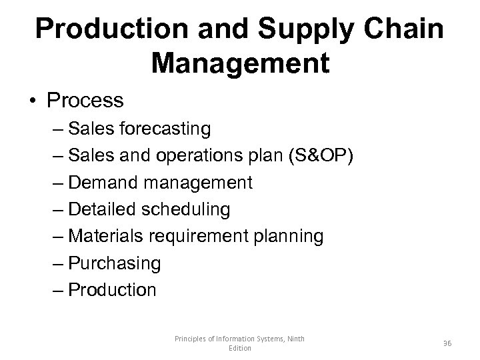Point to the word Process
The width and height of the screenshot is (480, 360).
tap(85, 101)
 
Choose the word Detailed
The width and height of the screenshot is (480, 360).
tap(103, 209)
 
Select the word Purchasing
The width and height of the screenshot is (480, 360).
tap(115, 263)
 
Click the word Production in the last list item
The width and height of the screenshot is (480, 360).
tap(113, 290)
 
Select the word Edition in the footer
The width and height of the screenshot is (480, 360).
tap(240, 349)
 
